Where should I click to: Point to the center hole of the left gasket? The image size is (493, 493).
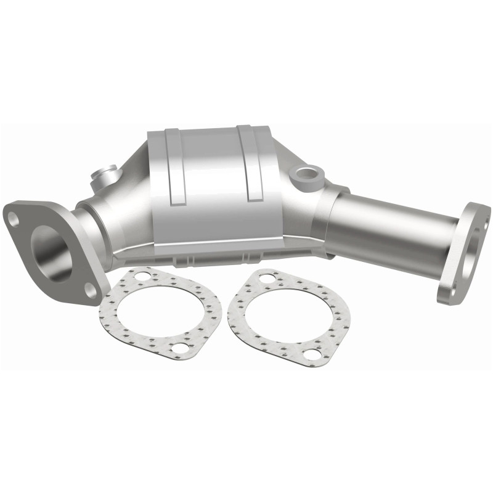click(x=161, y=313)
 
